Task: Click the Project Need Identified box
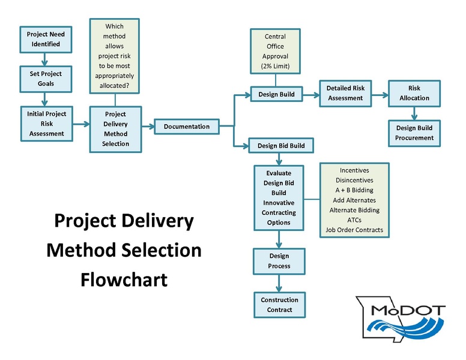(45, 39)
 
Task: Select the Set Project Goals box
(45, 79)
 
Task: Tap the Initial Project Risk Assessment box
(46, 123)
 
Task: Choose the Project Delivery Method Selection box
(115, 129)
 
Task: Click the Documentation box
(187, 127)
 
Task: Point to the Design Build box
(276, 95)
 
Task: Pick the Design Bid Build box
(280, 146)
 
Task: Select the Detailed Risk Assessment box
(345, 93)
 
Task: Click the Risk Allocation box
(414, 93)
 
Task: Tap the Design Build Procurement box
(414, 133)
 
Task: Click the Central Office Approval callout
(275, 51)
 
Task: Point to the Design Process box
(279, 261)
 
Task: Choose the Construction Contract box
(279, 305)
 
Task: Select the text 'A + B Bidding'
(354, 190)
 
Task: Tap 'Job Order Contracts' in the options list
(354, 230)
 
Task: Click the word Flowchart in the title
(124, 279)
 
